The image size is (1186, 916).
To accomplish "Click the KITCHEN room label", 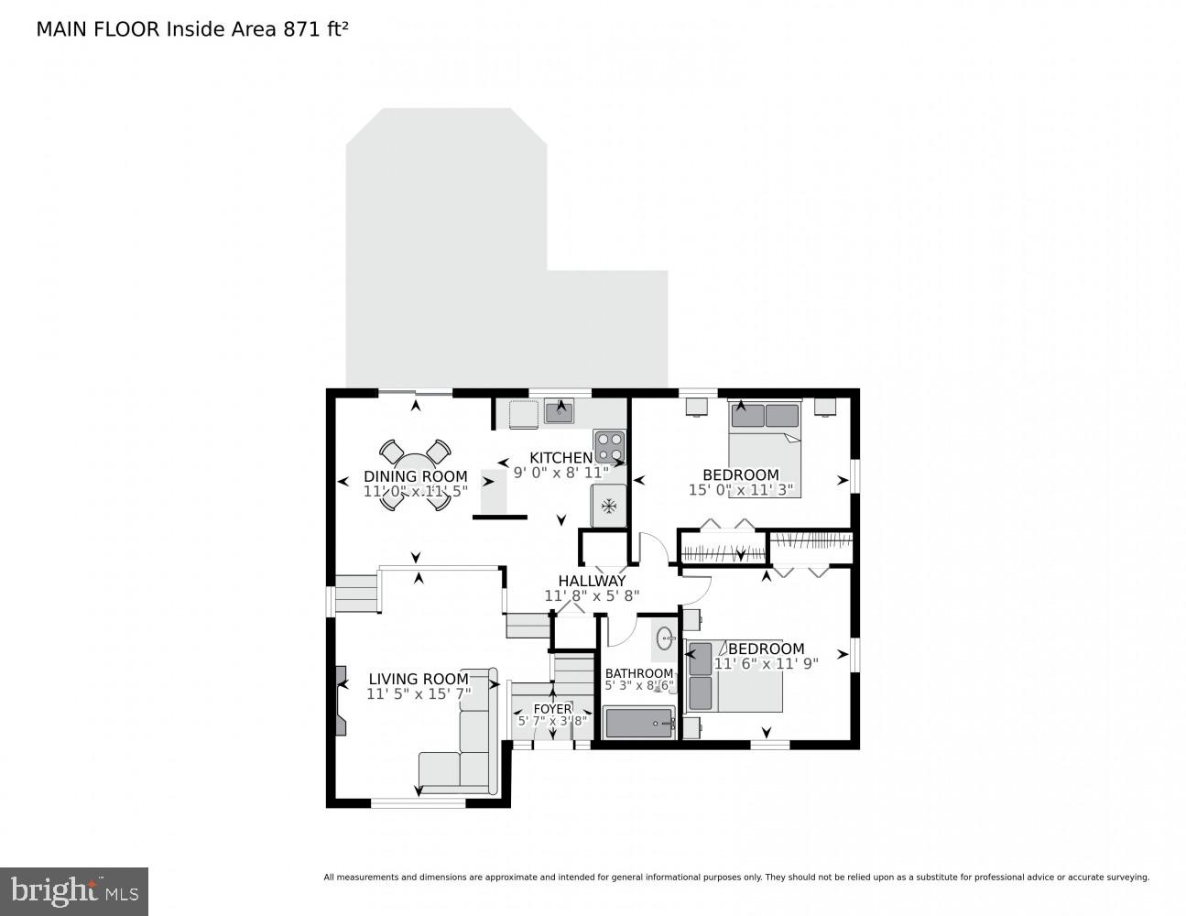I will [x=560, y=458].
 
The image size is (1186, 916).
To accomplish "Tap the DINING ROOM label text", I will [x=416, y=476].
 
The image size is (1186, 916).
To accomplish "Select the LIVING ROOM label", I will [x=419, y=679].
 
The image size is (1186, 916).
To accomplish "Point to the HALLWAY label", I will [x=592, y=581].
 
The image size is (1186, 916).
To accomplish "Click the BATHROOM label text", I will [x=638, y=673].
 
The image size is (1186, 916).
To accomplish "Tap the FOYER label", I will [x=552, y=709].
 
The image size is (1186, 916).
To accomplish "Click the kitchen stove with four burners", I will [x=610, y=446].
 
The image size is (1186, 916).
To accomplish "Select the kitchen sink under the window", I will [x=559, y=413].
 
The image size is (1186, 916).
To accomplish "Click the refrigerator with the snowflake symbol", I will [x=609, y=505].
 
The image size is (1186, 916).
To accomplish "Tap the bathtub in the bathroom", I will [x=639, y=723].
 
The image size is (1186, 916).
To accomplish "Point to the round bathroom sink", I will [x=665, y=638].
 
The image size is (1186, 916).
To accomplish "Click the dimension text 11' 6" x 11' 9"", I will [x=766, y=663].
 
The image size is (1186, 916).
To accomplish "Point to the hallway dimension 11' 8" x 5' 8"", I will [x=592, y=595].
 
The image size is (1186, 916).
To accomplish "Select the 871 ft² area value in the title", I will [x=315, y=28].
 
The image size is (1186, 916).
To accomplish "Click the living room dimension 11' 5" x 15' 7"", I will [x=419, y=693].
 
